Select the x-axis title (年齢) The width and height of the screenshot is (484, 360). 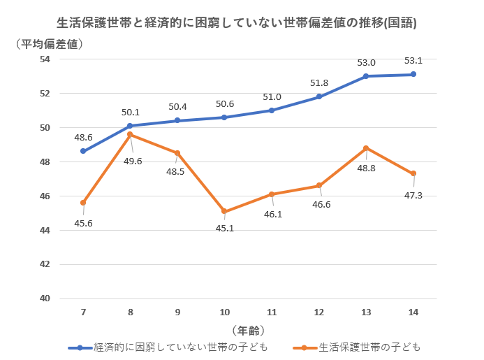[x=248, y=330]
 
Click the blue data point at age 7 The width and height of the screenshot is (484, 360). [x=83, y=151]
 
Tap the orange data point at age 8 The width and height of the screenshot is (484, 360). [x=130, y=134]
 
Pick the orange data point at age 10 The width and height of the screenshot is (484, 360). [x=224, y=211]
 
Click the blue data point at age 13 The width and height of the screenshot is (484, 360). [x=366, y=76]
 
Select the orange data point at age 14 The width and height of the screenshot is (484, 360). [x=413, y=173]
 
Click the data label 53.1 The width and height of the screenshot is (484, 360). [x=413, y=61]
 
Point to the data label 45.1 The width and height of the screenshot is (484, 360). [x=225, y=227]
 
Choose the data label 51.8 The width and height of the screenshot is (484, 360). [x=319, y=82]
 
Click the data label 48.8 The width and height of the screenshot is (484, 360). [x=367, y=168]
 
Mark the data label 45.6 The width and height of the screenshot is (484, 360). [x=82, y=223]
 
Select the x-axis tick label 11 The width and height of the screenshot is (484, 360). [x=272, y=312]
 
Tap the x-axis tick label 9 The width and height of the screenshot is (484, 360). [x=177, y=312]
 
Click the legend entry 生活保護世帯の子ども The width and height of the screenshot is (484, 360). [x=360, y=347]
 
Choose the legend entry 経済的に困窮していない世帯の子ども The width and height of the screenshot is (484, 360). [x=170, y=347]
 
